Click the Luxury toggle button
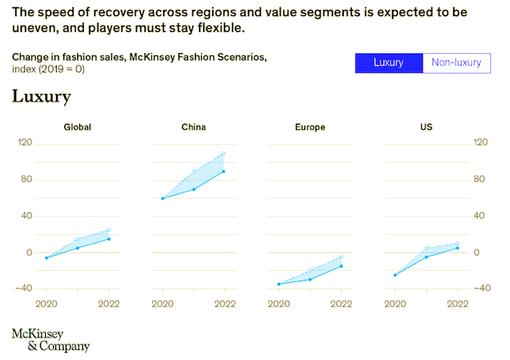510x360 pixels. tap(388, 63)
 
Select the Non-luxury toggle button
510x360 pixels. tap(456, 63)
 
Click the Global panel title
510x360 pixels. tap(77, 127)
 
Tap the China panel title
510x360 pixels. tap(194, 127)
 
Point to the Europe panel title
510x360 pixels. tap(310, 127)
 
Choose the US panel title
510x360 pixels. tap(426, 127)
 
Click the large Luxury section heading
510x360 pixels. tap(41, 97)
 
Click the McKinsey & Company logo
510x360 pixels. tap(50, 340)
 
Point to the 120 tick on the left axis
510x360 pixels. tap(25, 143)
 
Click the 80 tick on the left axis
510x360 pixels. tap(28, 179)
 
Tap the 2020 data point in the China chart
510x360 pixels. tap(162, 198)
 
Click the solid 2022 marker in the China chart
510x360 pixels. tap(224, 171)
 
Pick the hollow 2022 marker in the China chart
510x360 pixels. tap(224, 154)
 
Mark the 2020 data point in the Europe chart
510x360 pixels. tap(279, 284)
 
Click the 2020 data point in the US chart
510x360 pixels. tap(396, 275)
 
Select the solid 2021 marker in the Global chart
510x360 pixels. tap(77, 248)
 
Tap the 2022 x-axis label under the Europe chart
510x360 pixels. tap(341, 303)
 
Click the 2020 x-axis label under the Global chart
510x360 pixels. tap(46, 303)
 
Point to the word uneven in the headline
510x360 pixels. tap(34, 28)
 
